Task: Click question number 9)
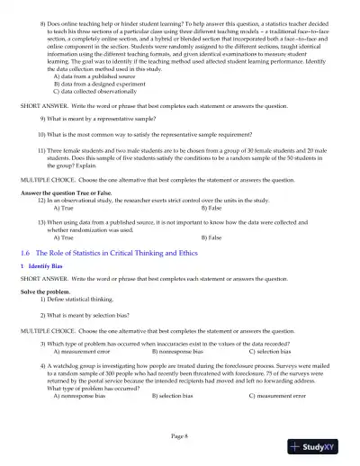coord(44,118)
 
